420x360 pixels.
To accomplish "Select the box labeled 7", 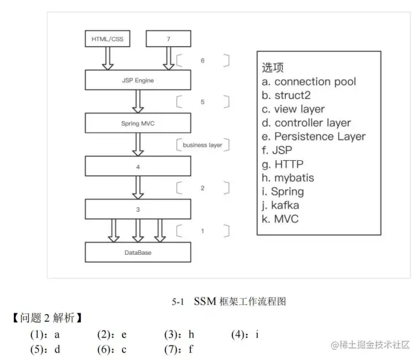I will [x=169, y=40].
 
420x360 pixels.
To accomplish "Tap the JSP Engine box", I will [x=138, y=81].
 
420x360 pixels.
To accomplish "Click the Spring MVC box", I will [x=138, y=123].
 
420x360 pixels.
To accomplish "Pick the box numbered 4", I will [x=138, y=167].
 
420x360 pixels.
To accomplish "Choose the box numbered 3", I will [x=138, y=209].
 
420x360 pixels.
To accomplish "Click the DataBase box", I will [x=138, y=252].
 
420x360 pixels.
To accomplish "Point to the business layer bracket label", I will [x=202, y=145].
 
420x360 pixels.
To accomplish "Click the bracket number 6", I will [x=202, y=61].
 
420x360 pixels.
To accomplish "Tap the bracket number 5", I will [x=202, y=102].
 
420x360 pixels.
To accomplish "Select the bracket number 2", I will [x=202, y=188].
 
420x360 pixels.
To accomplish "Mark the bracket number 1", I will [x=202, y=230].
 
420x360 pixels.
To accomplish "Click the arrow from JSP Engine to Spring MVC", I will [x=138, y=101].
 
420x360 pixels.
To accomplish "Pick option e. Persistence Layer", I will [x=313, y=137].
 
